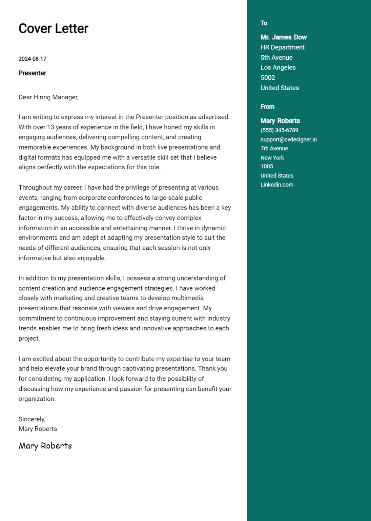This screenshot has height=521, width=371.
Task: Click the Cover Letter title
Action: pos(53,29)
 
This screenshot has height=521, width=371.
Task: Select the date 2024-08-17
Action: pos(32,59)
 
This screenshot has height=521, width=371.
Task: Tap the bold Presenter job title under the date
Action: pos(32,73)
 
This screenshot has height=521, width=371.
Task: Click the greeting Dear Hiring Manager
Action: pos(48,97)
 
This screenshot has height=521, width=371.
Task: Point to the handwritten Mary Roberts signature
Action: pos(45,446)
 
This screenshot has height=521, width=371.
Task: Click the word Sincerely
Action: pos(32,419)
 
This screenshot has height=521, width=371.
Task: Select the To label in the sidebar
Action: pos(264,23)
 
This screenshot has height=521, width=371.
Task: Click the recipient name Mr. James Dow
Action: pos(284,37)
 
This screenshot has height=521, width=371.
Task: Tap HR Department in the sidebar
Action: pos(283,47)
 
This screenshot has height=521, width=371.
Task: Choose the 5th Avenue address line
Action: pos(276,58)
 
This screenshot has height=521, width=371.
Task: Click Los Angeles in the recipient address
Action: pos(278,67)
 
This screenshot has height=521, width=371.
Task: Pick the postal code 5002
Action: pos(268,78)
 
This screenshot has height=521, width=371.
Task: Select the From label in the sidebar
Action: pos(267,107)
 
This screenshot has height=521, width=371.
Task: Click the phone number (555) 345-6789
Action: pos(279,130)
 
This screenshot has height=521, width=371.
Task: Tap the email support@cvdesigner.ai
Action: pos(289,139)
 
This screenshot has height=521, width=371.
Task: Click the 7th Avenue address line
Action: pos(274,149)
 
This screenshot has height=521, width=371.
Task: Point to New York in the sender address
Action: pos(272,158)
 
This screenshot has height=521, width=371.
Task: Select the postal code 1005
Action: pos(267,167)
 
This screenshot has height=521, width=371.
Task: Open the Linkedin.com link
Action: pos(277,185)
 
